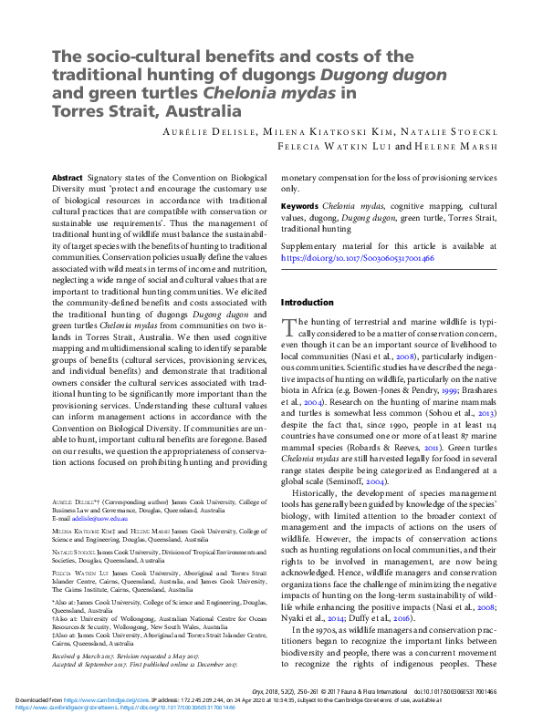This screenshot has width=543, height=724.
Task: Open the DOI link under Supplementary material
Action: pos(357,258)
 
